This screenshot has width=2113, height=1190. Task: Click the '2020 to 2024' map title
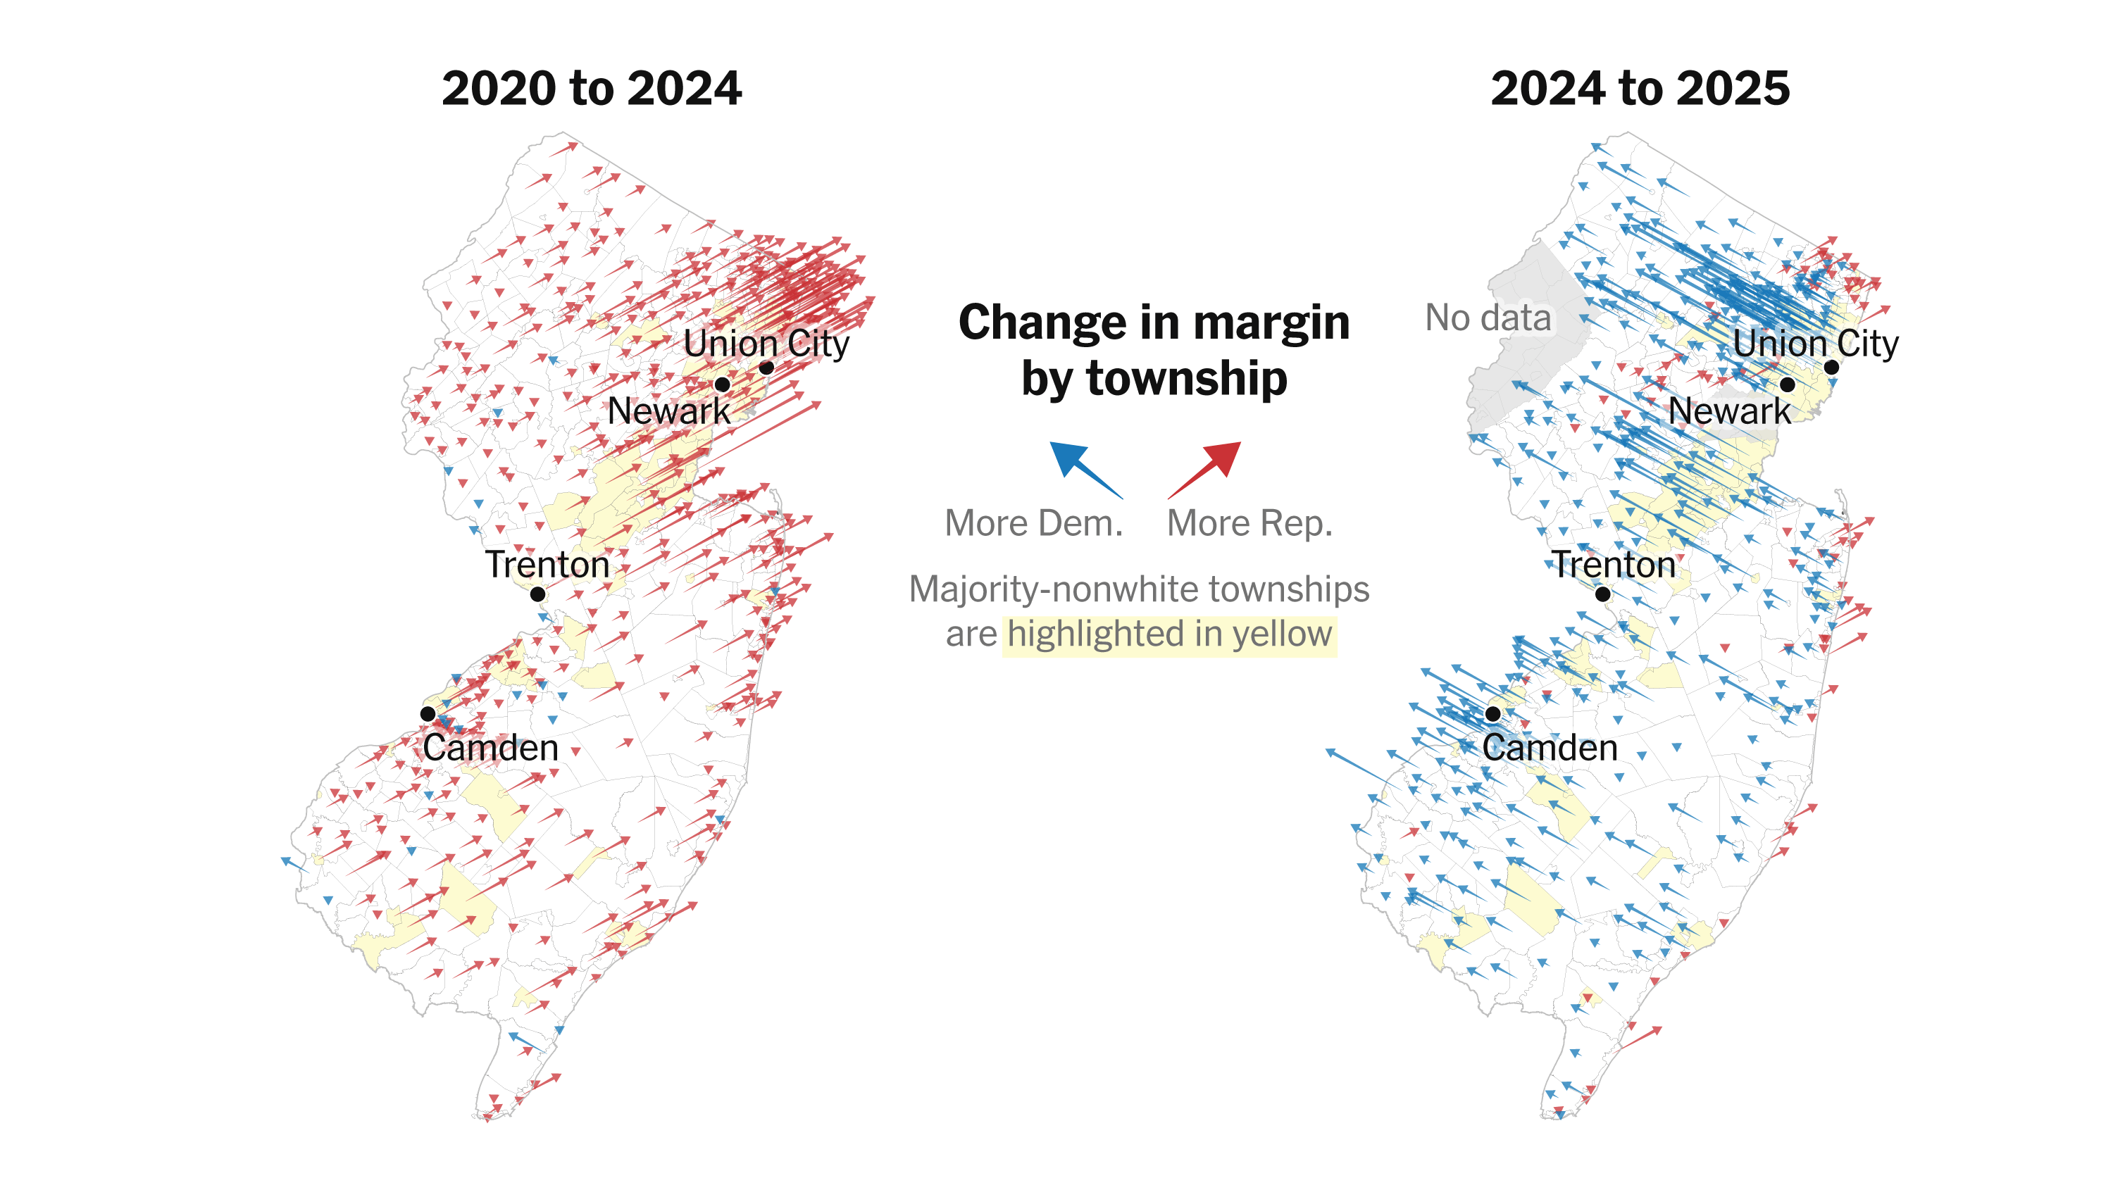click(x=592, y=89)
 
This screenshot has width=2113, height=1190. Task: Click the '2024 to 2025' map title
click(x=1640, y=89)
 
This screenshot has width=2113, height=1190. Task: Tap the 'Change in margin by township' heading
click(x=1154, y=349)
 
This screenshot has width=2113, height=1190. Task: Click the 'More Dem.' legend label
click(x=1033, y=523)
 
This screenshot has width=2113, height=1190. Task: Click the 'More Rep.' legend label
click(x=1249, y=523)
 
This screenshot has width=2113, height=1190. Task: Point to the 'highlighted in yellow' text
click(x=1169, y=634)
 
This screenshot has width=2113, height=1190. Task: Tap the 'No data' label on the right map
click(x=1488, y=318)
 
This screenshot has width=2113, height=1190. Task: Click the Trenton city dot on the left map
click(x=538, y=594)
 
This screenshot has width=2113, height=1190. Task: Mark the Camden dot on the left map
click(x=428, y=713)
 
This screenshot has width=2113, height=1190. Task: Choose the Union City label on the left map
click(x=766, y=344)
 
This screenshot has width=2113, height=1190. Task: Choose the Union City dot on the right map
click(x=1831, y=368)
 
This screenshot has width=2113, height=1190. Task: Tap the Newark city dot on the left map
click(x=723, y=384)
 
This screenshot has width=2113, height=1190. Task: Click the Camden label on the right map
click(x=1550, y=748)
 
